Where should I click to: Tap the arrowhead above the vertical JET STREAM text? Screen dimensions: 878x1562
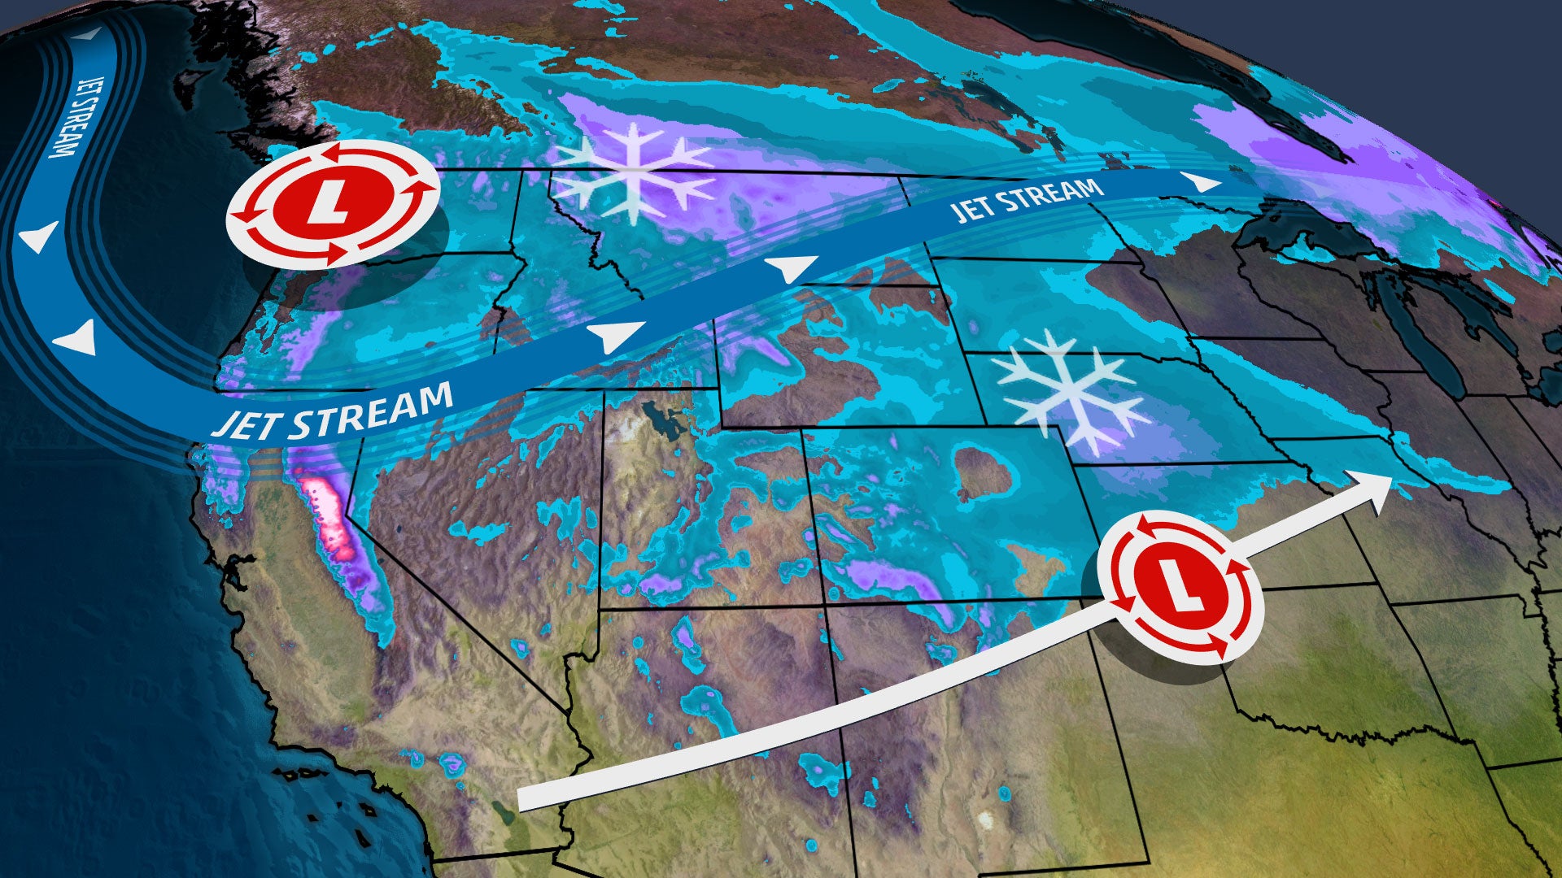(x=92, y=34)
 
